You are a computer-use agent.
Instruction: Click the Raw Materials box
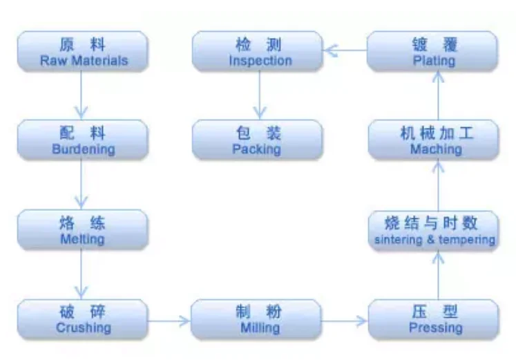[x=83, y=51]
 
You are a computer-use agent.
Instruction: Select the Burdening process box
[x=83, y=140]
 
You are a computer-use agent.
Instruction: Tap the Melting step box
[x=83, y=229]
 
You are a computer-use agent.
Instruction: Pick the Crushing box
[x=83, y=319]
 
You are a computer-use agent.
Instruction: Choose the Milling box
[x=257, y=319]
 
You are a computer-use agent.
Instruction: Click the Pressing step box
[x=434, y=319]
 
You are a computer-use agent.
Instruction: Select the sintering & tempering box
[x=434, y=231]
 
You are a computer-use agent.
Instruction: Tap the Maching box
[x=434, y=140]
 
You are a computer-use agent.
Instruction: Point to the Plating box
[x=434, y=51]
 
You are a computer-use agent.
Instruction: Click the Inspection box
[x=257, y=51]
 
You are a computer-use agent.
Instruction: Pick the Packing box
[x=257, y=140]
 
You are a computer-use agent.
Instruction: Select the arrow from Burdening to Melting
[x=82, y=184]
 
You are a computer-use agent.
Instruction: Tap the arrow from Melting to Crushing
[x=82, y=274]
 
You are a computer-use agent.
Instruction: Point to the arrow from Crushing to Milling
[x=169, y=320]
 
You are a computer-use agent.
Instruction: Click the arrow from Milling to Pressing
[x=345, y=320]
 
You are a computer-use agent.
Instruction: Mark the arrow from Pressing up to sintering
[x=437, y=275]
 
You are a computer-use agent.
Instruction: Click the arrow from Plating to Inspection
[x=345, y=49]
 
